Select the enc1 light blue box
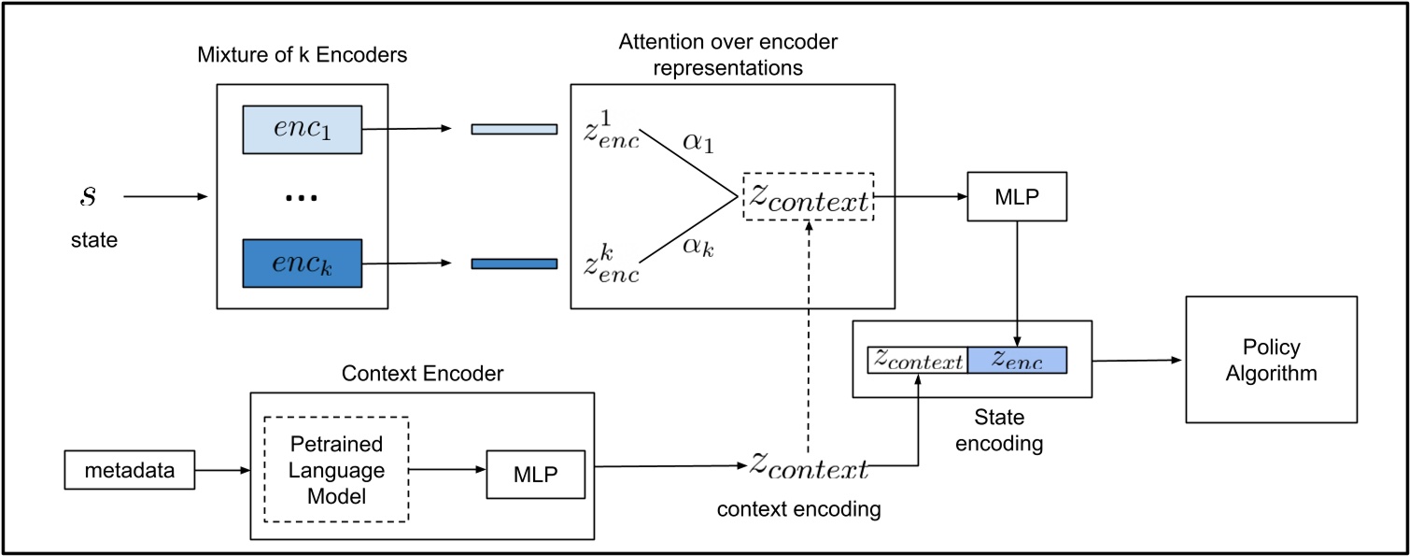click(302, 129)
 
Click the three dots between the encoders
click(302, 198)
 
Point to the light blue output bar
click(514, 129)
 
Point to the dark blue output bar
click(514, 264)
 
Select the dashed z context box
click(808, 196)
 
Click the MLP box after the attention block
click(1016, 197)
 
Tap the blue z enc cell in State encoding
click(1017, 361)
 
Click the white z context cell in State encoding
click(918, 361)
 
